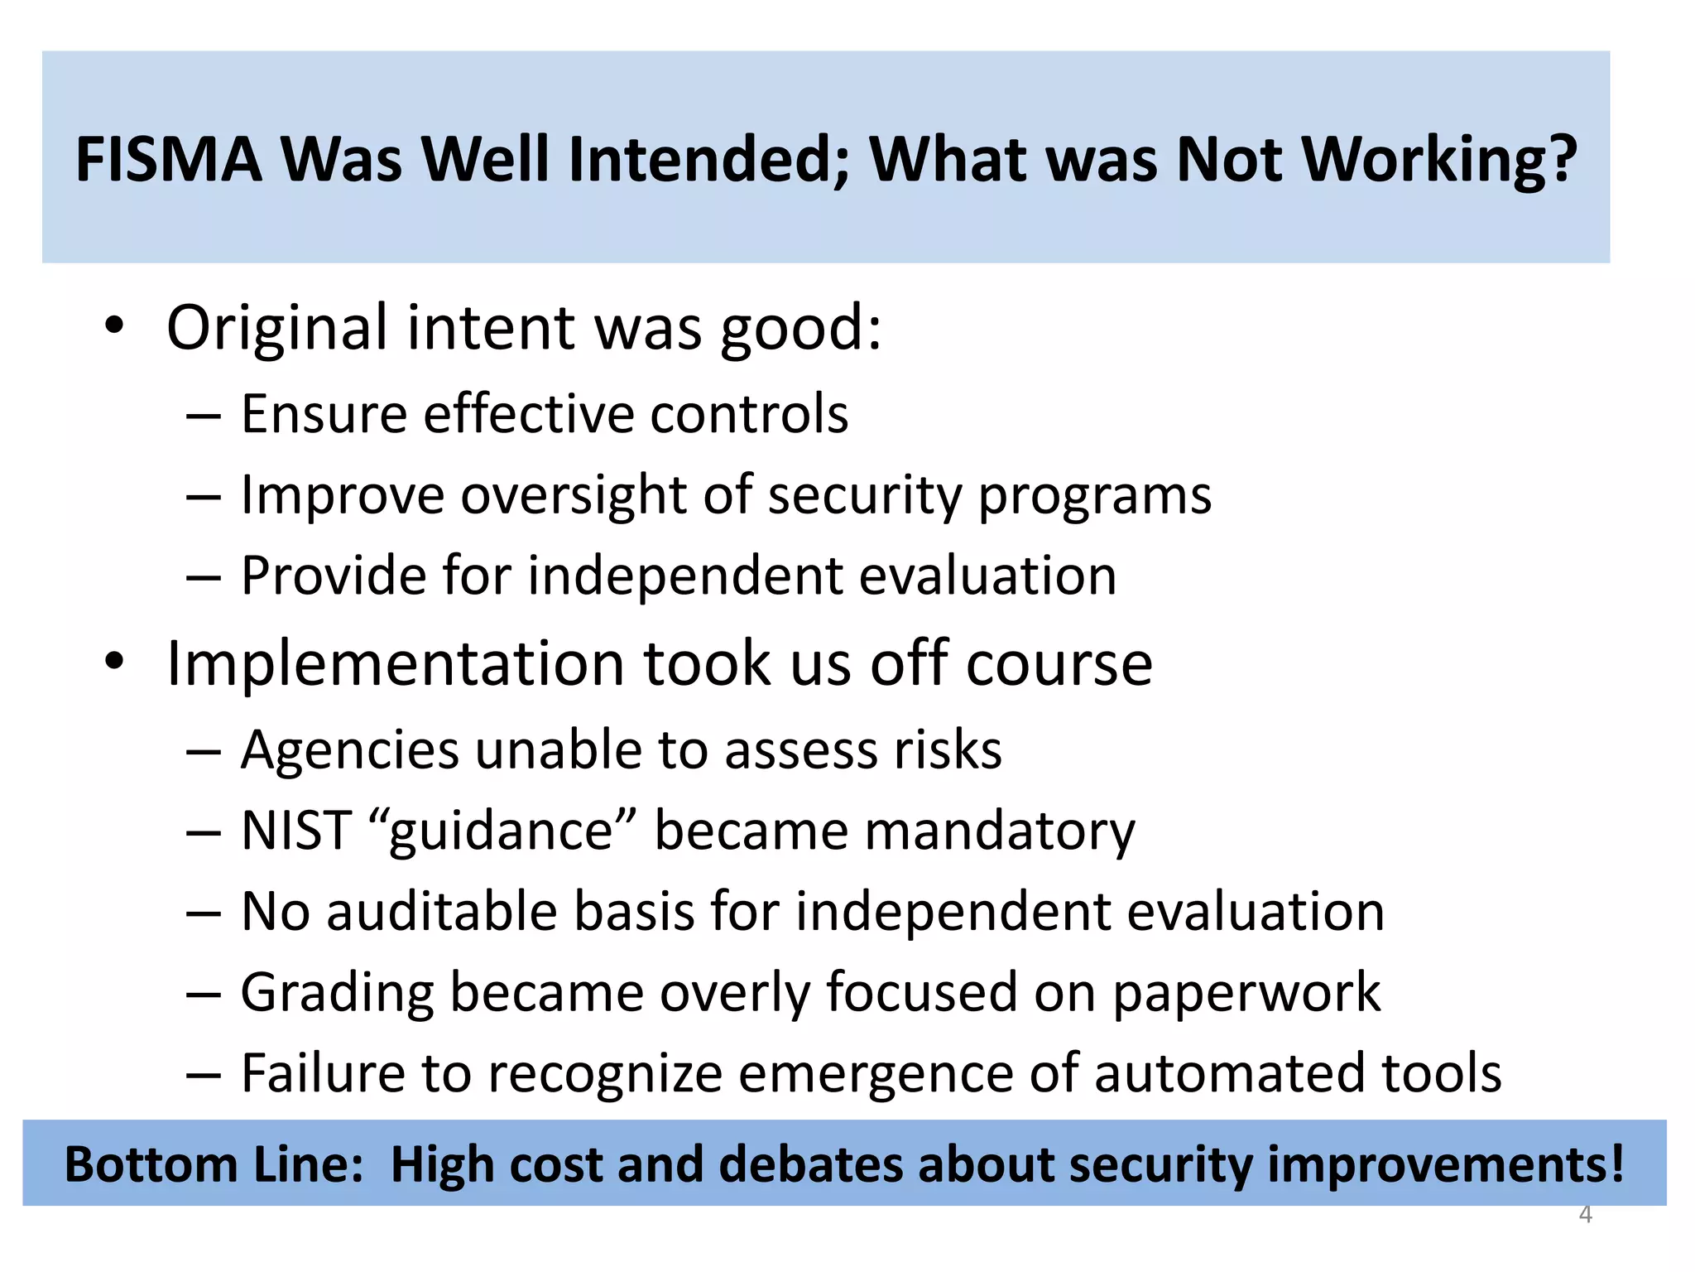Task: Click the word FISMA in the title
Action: click(x=169, y=159)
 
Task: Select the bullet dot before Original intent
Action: click(x=114, y=325)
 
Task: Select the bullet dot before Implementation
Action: click(x=114, y=662)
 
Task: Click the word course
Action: click(x=1059, y=665)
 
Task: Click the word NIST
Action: click(x=296, y=831)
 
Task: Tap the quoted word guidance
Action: click(x=501, y=831)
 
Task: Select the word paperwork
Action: click(x=1246, y=993)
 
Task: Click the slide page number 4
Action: click(x=1585, y=1215)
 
